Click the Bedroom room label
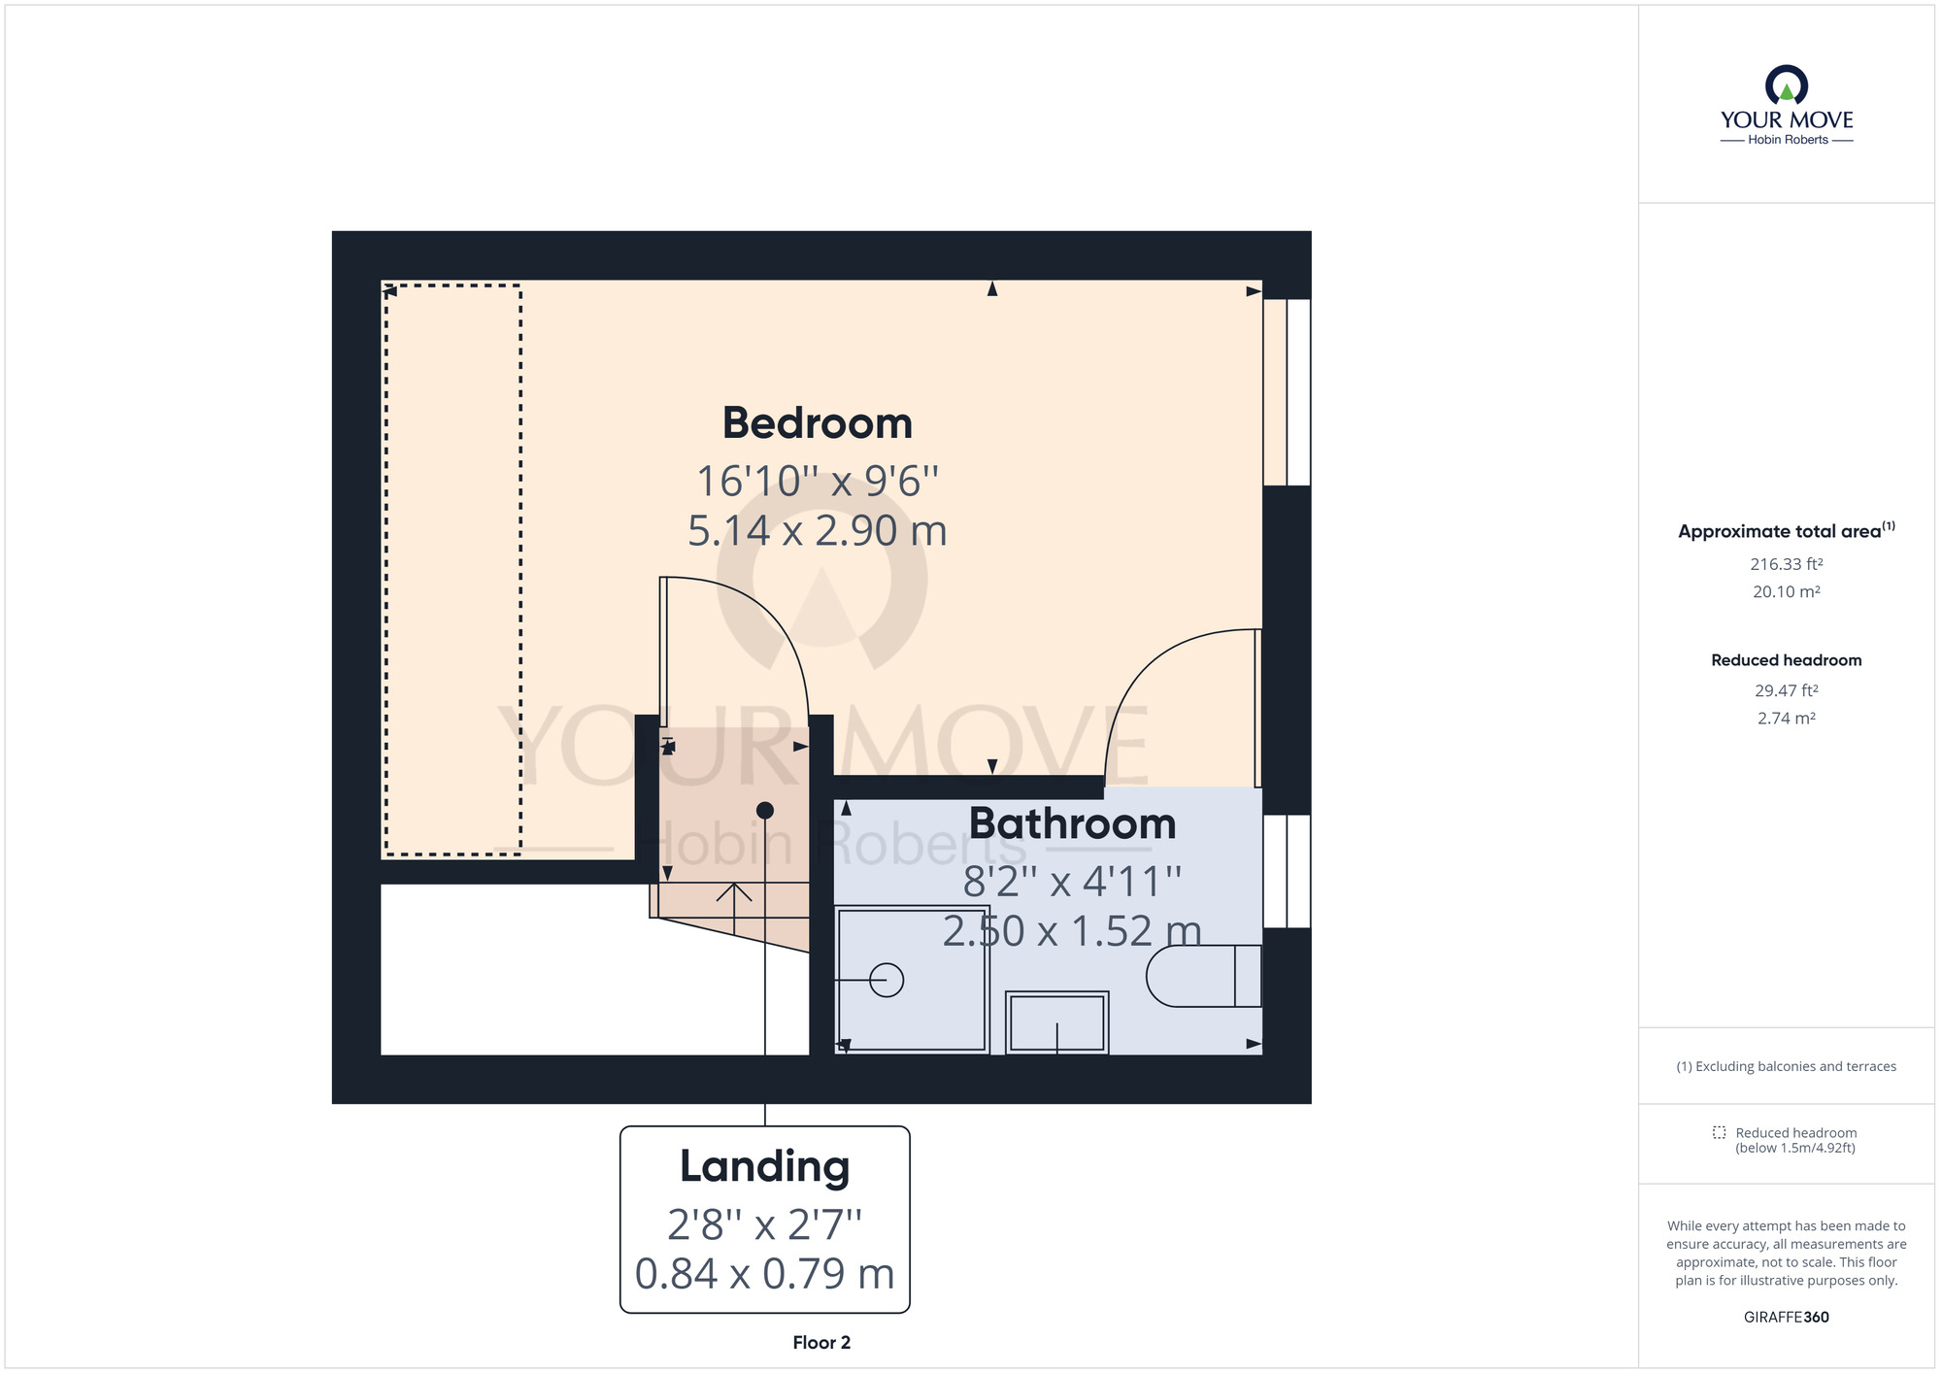tap(817, 423)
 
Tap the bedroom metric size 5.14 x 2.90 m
tap(817, 531)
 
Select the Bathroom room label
tap(1072, 823)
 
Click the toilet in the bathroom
tap(1202, 975)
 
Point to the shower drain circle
tap(887, 980)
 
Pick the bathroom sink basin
tap(1056, 1023)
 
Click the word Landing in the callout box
tap(764, 1166)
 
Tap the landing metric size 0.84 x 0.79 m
tap(764, 1274)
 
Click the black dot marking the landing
tap(765, 810)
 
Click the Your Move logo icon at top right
tap(1786, 85)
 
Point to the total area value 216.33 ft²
tap(1786, 564)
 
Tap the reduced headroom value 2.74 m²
tap(1786, 719)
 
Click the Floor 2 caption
tap(821, 1343)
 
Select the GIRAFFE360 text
tap(1786, 1318)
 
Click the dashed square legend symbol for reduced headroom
tap(1719, 1132)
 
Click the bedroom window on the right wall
tap(1287, 391)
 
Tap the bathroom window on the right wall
tap(1287, 871)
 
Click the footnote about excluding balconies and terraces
tap(1786, 1066)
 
